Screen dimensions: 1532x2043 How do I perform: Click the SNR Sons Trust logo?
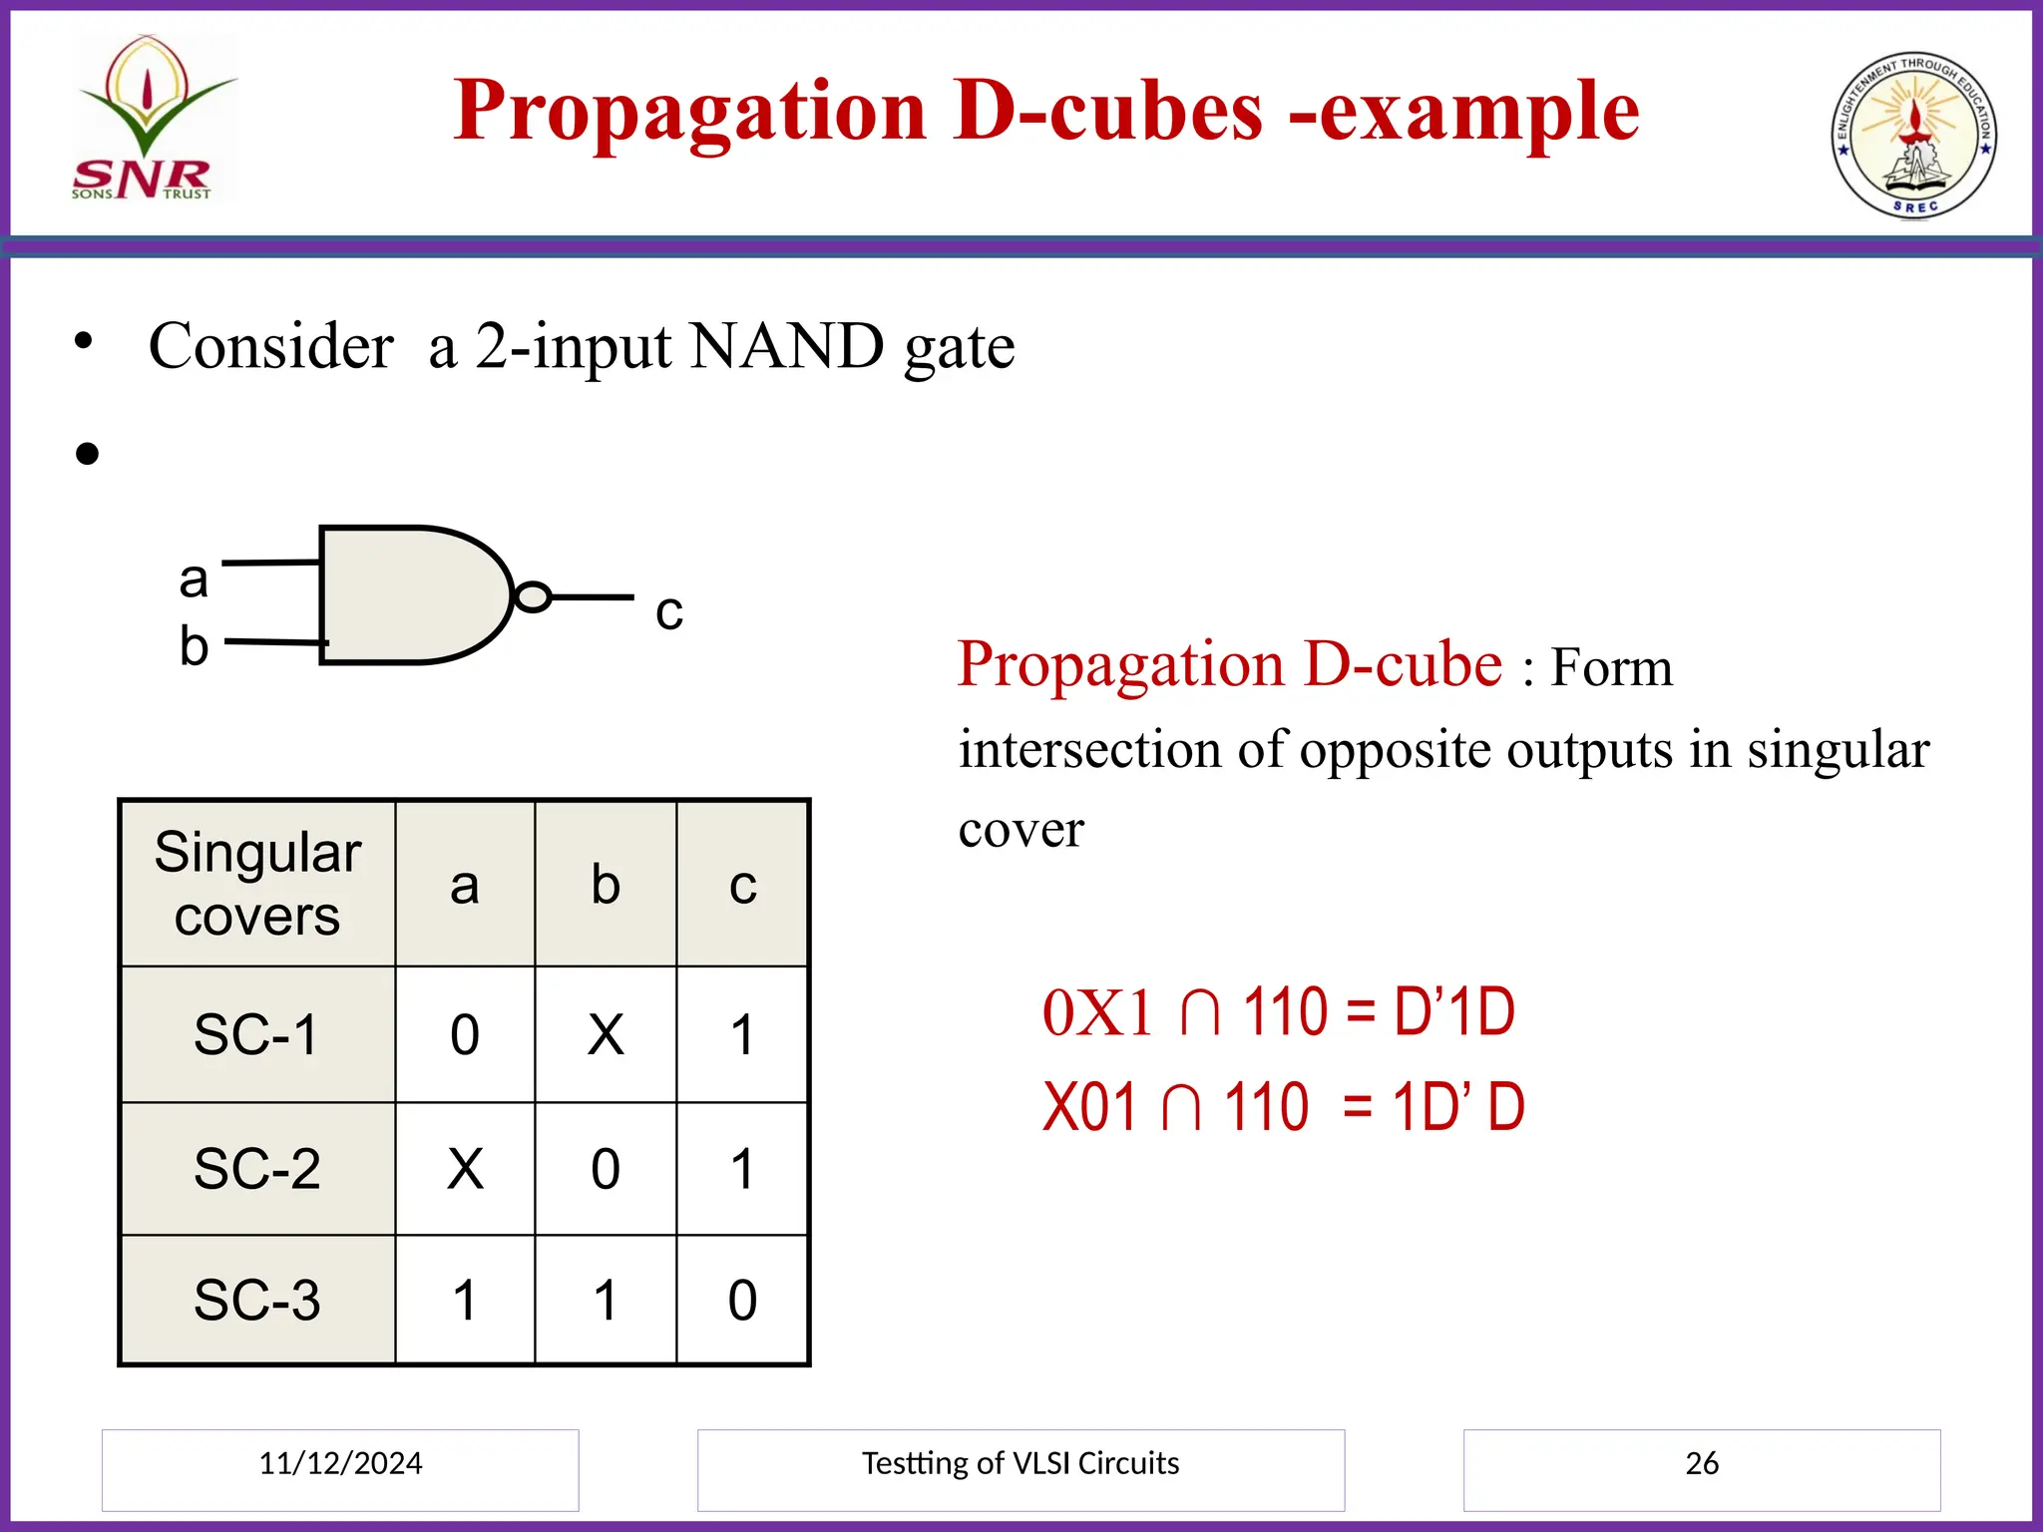[151, 120]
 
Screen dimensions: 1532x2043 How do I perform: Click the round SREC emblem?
[1913, 135]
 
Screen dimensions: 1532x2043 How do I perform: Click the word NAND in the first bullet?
[786, 347]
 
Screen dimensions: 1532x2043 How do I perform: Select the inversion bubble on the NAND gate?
[533, 596]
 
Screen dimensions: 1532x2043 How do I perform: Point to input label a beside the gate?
[194, 579]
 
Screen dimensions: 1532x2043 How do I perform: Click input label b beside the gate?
[194, 646]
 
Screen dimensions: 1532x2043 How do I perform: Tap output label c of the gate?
[668, 610]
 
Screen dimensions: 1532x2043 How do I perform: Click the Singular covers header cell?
[257, 884]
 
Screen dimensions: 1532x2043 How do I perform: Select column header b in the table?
[606, 884]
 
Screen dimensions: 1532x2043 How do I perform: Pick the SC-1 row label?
[256, 1034]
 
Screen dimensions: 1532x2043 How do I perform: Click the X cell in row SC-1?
[606, 1034]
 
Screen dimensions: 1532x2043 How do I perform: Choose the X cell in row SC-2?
[465, 1169]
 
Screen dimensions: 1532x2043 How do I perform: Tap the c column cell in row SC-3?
[742, 1301]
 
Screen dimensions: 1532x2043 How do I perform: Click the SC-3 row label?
[256, 1301]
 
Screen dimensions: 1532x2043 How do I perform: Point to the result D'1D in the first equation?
[1453, 1012]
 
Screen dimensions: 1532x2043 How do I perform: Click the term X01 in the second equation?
[1089, 1107]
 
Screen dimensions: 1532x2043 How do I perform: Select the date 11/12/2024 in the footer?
[340, 1463]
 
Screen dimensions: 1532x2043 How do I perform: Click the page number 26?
[1702, 1463]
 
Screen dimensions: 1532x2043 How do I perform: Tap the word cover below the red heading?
[1021, 830]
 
